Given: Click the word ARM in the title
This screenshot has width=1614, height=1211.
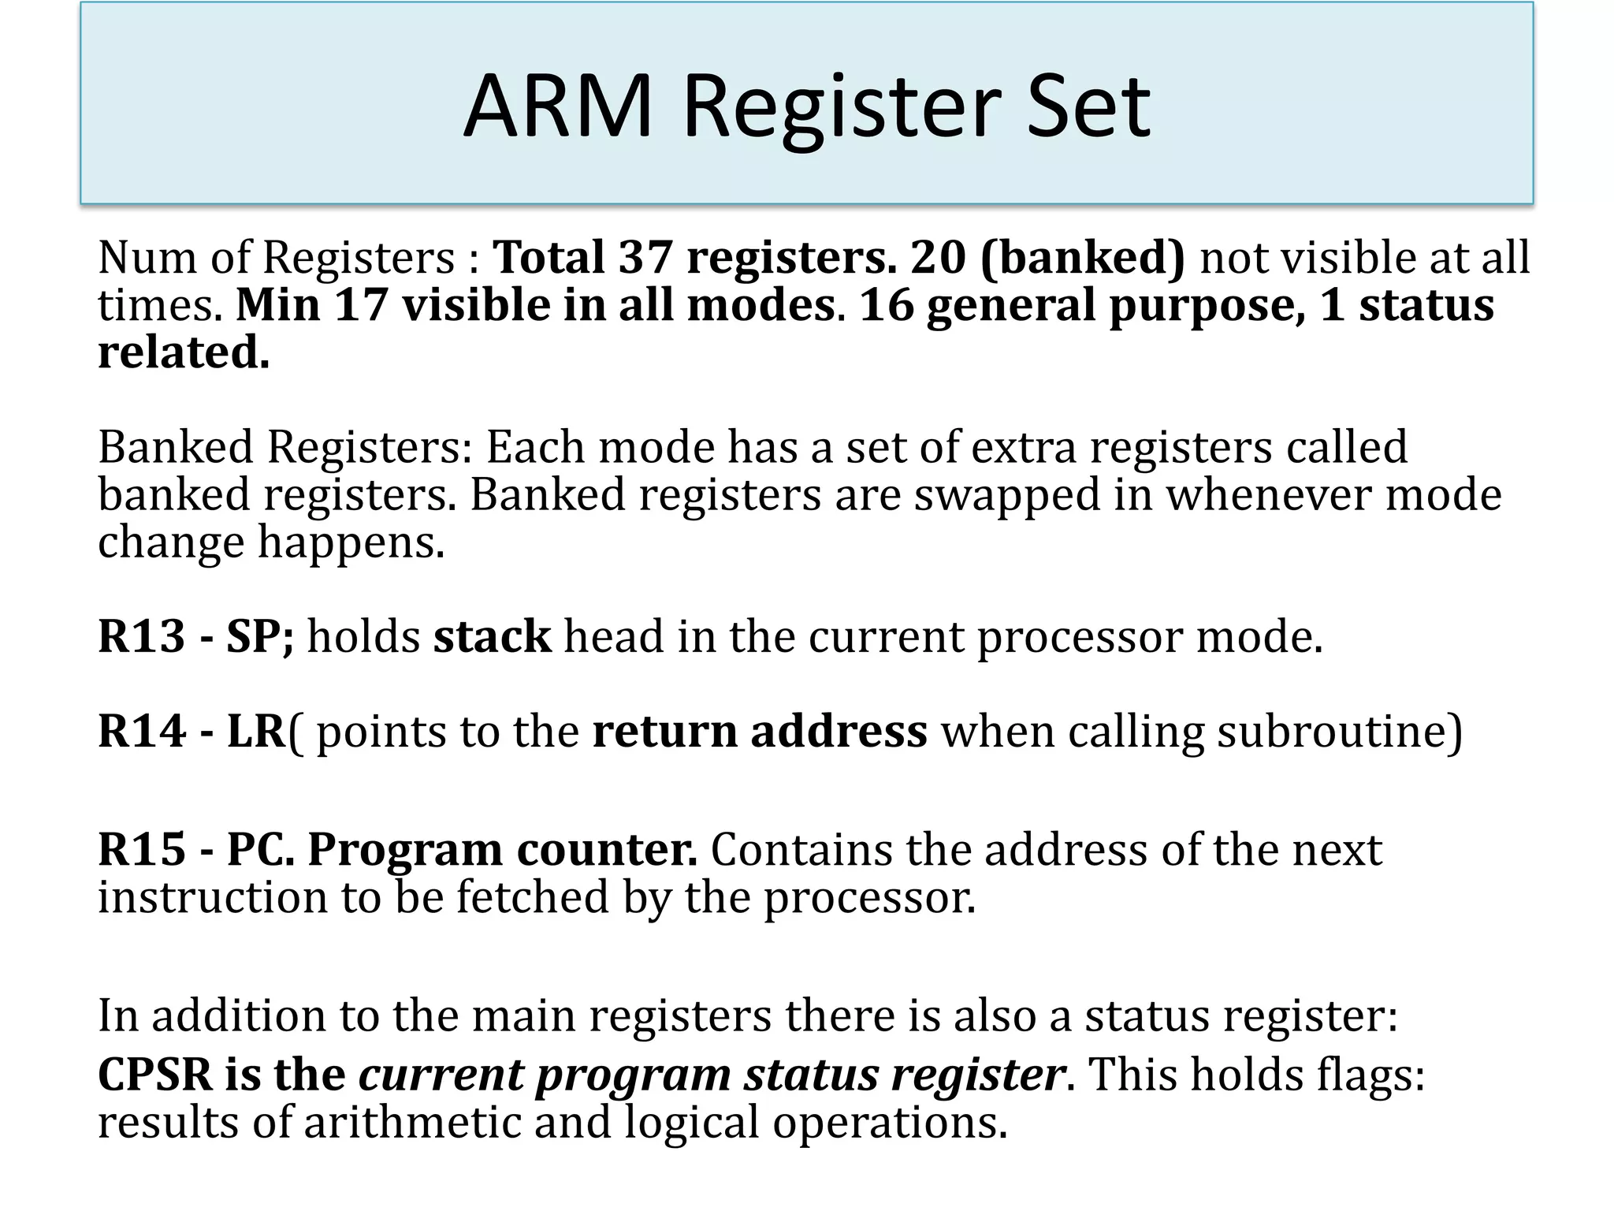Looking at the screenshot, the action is point(558,106).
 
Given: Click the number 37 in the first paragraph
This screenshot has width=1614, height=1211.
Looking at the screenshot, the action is point(645,257).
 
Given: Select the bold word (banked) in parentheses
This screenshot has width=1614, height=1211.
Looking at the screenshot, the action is point(1082,259).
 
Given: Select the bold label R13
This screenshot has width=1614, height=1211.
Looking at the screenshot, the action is point(142,636).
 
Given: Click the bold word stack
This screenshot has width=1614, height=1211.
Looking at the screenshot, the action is point(492,636).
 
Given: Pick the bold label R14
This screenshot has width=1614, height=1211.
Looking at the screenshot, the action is point(142,731).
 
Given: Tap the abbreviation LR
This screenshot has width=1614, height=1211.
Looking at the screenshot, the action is point(255,731).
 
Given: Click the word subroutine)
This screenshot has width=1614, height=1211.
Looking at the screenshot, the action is point(1340,732).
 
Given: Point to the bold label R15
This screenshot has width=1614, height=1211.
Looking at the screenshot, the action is point(142,850).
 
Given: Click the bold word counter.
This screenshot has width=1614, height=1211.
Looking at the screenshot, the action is point(606,850).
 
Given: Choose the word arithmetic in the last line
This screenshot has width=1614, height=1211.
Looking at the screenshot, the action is point(412,1122).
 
